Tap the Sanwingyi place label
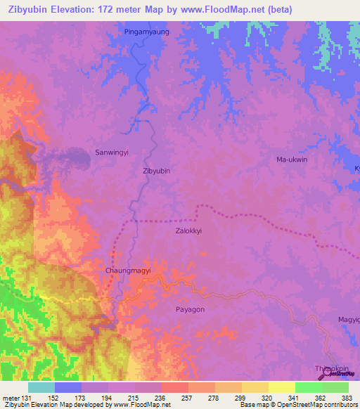(x=112, y=152)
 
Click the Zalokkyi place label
(x=189, y=231)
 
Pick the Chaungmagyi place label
(x=128, y=271)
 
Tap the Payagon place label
(x=190, y=309)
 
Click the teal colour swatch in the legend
(x=41, y=387)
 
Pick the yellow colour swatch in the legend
(x=282, y=387)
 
